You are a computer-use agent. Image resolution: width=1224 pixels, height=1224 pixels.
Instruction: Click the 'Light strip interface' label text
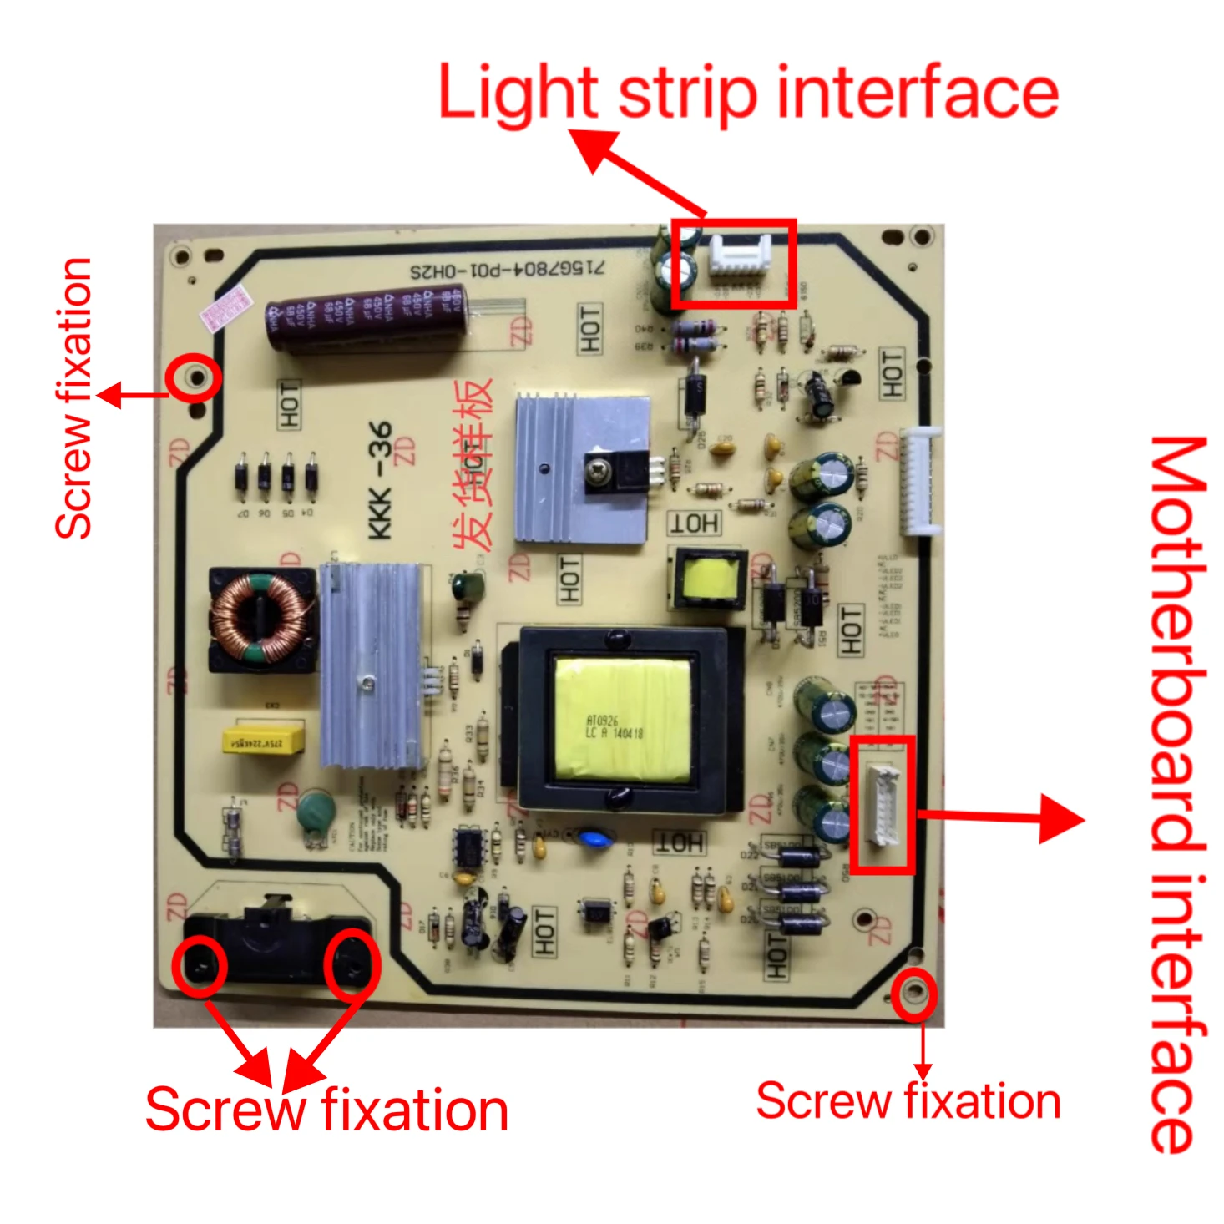pyautogui.click(x=747, y=94)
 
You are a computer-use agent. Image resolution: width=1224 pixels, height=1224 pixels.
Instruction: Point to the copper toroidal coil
pyautogui.click(x=260, y=618)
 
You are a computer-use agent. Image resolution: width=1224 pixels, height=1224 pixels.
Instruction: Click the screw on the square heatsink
pyautogui.click(x=599, y=473)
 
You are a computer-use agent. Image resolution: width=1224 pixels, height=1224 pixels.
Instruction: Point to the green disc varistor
pyautogui.click(x=316, y=812)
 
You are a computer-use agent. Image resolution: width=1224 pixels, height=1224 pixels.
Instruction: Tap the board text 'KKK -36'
pyautogui.click(x=380, y=480)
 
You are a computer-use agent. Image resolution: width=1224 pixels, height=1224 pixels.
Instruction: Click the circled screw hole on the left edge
pyautogui.click(x=197, y=378)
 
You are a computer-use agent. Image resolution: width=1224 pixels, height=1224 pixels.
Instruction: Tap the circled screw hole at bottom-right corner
pyautogui.click(x=914, y=994)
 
